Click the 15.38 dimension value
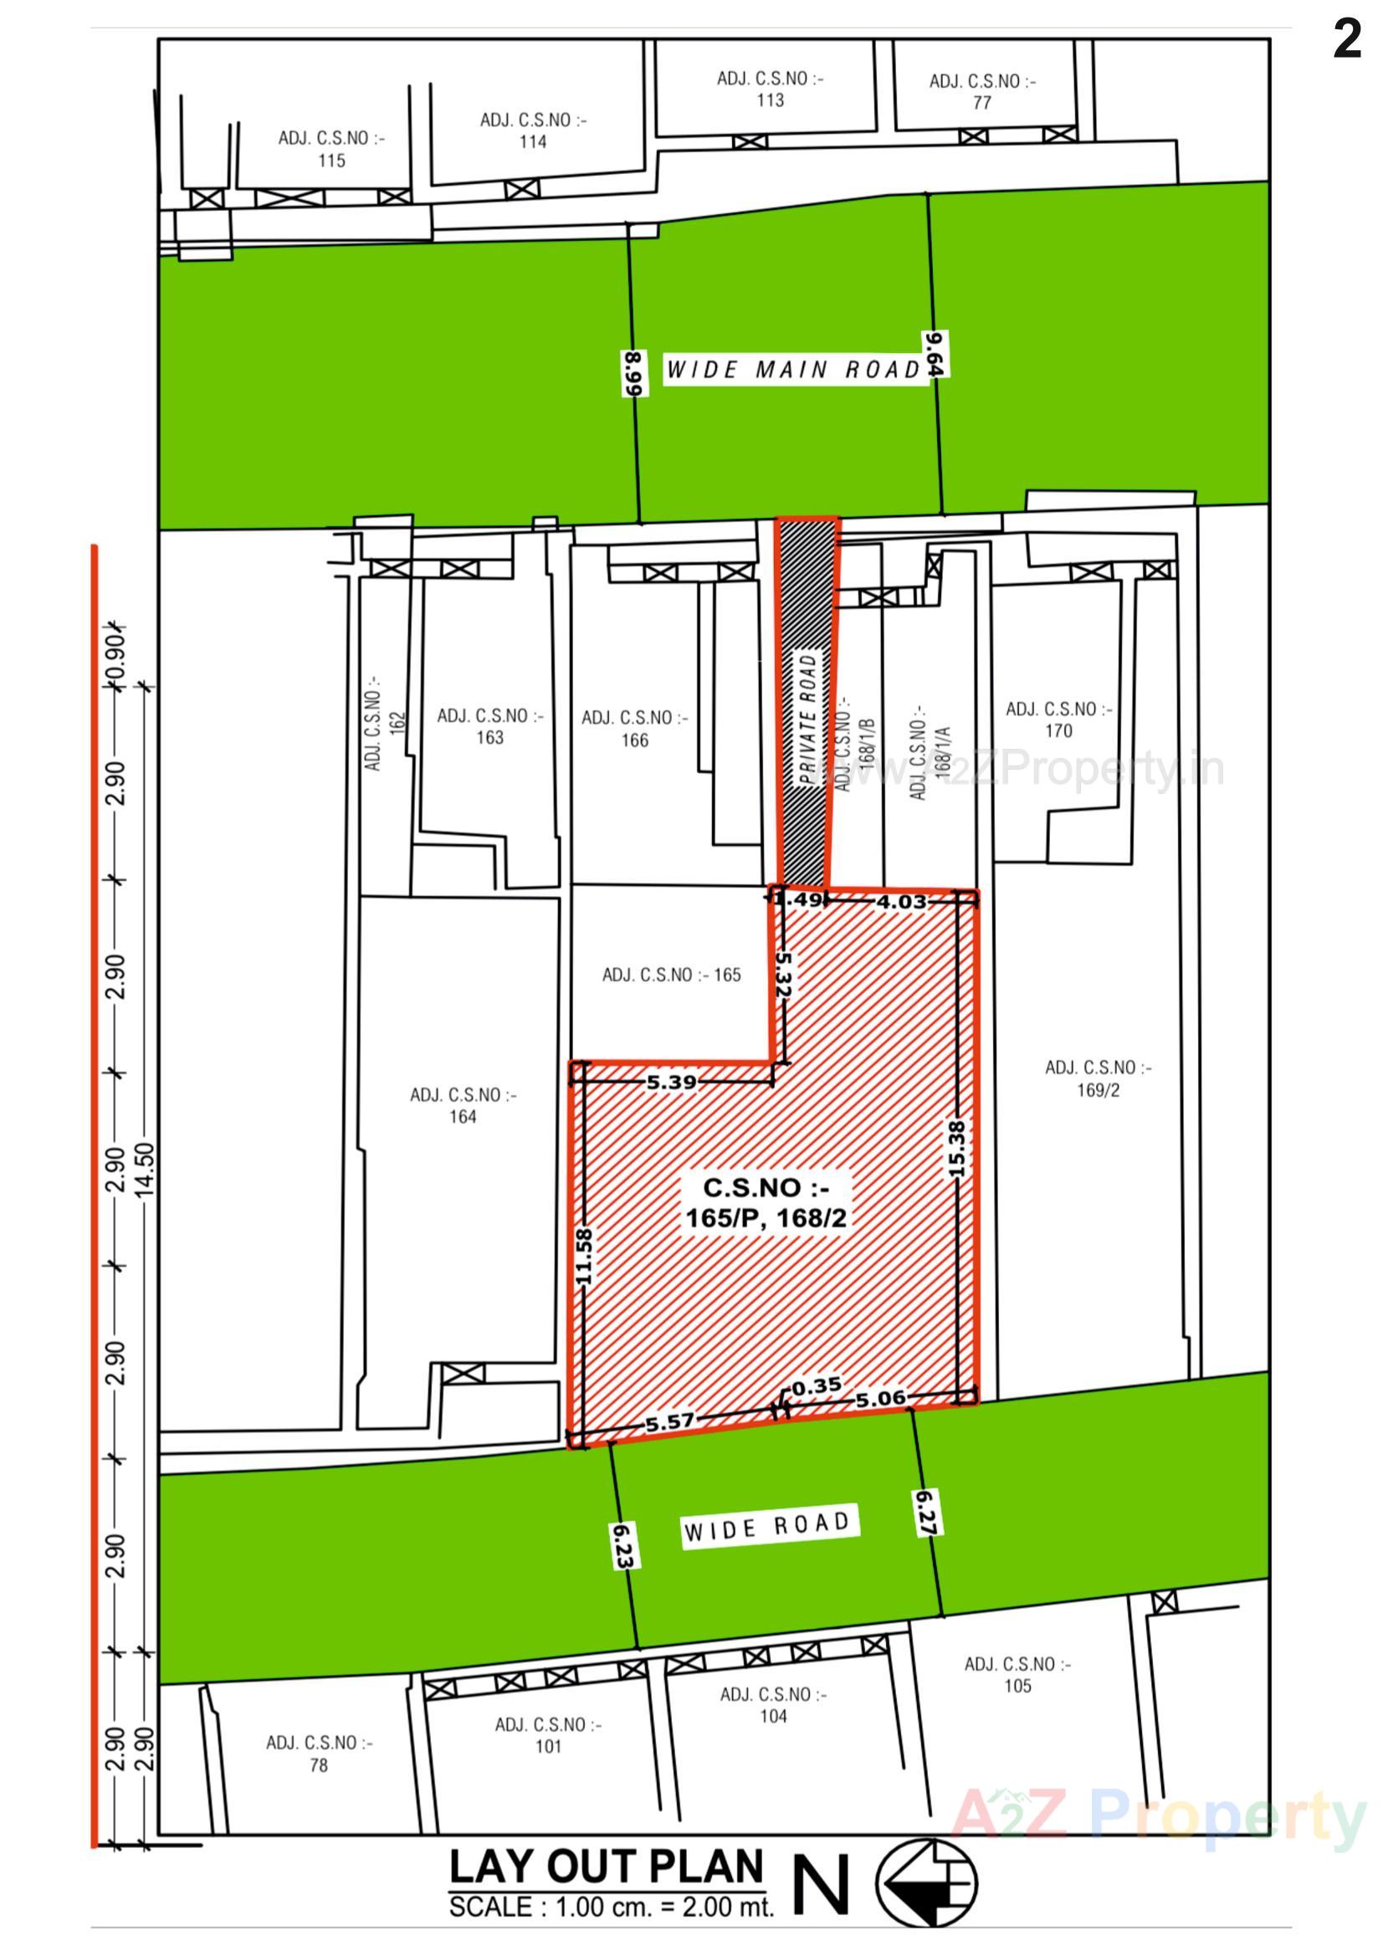[x=957, y=1150]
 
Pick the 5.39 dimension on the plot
[x=672, y=1083]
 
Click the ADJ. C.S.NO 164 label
[x=463, y=1106]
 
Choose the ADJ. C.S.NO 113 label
[x=771, y=90]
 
